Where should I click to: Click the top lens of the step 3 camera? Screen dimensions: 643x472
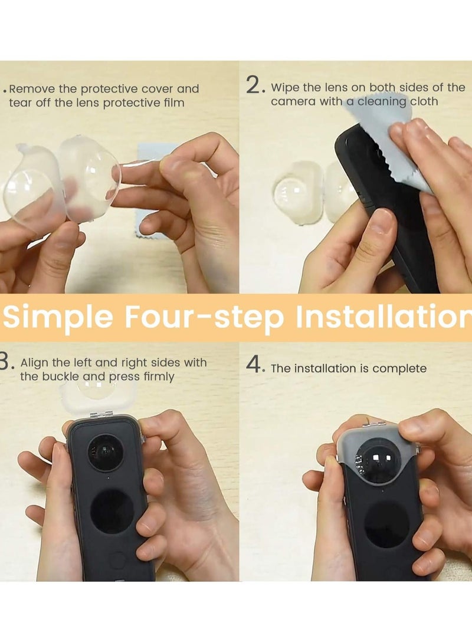(x=106, y=452)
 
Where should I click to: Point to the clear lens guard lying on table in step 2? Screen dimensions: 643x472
(x=298, y=192)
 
